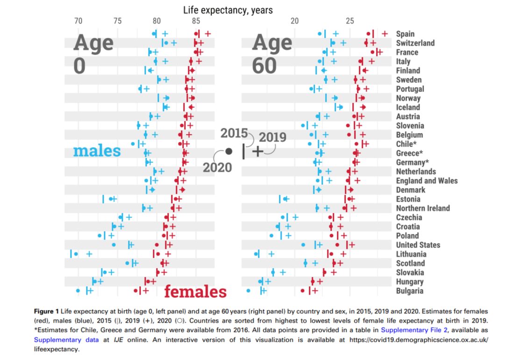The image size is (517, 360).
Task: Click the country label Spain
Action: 405,34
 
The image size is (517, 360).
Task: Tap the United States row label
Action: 418,245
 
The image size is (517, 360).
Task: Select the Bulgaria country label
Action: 410,291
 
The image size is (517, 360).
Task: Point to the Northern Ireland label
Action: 423,208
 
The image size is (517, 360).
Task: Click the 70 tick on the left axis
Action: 78,21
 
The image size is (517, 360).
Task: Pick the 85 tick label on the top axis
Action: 196,21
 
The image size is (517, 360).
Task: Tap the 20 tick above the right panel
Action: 295,21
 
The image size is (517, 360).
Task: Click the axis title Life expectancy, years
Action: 228,10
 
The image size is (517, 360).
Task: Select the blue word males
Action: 97,151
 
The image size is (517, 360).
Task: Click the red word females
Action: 195,292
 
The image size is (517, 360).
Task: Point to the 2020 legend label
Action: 217,167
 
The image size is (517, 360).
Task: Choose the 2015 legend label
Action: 234,133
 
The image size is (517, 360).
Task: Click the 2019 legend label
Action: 272,138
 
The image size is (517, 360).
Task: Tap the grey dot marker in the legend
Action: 229,151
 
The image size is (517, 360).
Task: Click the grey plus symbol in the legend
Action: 257,151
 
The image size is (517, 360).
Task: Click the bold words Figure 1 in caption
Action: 47,311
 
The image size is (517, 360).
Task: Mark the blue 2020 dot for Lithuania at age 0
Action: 76,254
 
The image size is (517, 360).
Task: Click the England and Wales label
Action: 426,181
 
